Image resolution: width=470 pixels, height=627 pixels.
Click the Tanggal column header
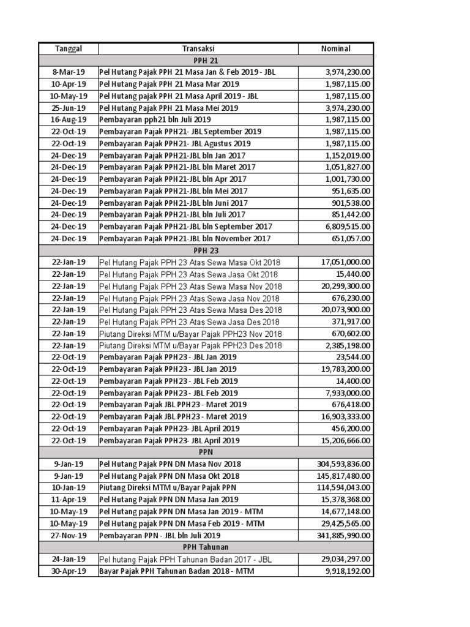click(x=69, y=48)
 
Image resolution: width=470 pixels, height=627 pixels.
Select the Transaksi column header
click(x=198, y=48)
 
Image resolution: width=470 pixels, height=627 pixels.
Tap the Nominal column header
click(x=336, y=48)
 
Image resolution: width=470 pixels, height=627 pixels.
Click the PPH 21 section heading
click(x=206, y=60)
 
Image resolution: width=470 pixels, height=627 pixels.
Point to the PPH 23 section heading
click(x=206, y=250)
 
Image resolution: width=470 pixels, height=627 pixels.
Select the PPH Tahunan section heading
click(x=206, y=547)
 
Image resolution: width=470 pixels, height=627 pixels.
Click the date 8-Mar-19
click(x=69, y=72)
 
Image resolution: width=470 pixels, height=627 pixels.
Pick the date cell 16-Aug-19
click(x=69, y=119)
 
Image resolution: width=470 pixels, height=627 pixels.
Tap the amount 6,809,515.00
click(x=346, y=226)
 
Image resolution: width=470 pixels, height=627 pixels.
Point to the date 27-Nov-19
click(x=69, y=535)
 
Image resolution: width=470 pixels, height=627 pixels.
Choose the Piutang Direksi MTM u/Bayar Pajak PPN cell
click(x=168, y=487)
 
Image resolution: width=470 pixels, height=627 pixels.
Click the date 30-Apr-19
click(x=69, y=571)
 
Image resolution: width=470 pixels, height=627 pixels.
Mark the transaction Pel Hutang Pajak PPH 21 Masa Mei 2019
click(x=169, y=108)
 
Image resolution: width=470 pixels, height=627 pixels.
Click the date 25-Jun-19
click(x=69, y=108)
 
